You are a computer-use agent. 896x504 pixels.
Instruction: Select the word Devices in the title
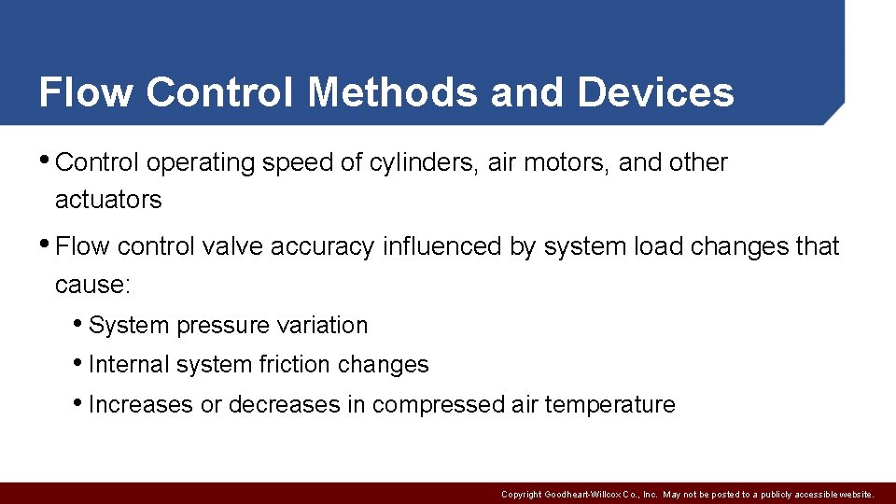click(x=655, y=92)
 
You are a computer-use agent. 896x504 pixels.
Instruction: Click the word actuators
click(x=108, y=200)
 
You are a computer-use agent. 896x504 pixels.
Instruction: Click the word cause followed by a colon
click(x=92, y=284)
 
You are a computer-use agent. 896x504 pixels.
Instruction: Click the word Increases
click(x=140, y=404)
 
